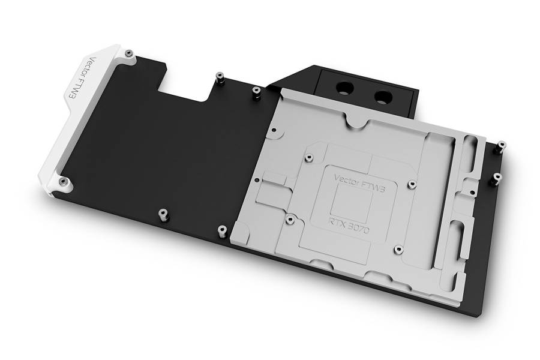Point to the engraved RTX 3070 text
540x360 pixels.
(x=348, y=224)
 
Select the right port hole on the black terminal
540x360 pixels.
(x=382, y=97)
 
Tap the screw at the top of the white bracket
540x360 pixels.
(x=129, y=53)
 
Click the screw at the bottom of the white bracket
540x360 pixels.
(x=62, y=182)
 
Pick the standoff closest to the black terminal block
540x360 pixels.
(x=256, y=92)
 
